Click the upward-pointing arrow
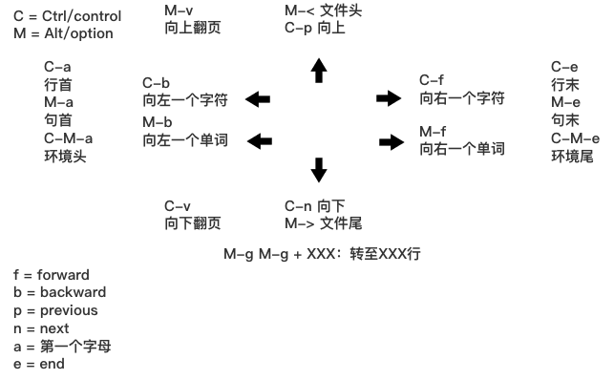point(319,70)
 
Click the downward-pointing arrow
point(319,169)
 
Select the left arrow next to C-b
point(257,98)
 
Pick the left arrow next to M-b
point(259,141)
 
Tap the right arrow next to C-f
point(389,97)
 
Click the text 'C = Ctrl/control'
point(68,16)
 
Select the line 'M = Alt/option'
point(63,33)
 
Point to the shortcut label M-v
point(178,10)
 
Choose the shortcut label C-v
point(178,205)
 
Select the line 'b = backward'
point(59,292)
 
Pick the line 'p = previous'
point(55,310)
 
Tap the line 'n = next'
point(41,327)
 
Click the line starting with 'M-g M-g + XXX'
point(322,255)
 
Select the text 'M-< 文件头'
point(324,11)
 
